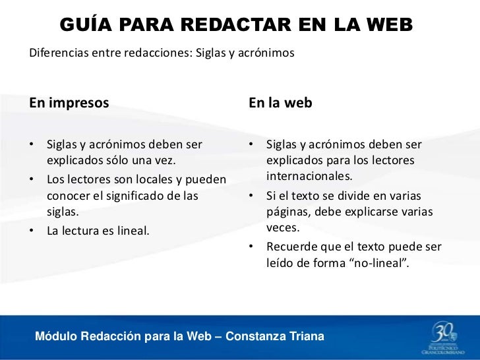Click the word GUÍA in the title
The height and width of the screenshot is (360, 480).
click(x=84, y=24)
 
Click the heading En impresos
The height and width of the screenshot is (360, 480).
click(x=69, y=104)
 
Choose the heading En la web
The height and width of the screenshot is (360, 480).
click(x=280, y=104)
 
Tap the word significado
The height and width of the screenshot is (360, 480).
click(x=140, y=196)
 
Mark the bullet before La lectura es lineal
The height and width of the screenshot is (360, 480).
click(x=32, y=230)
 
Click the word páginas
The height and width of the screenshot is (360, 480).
click(x=287, y=212)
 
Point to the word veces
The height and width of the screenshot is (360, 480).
click(x=282, y=229)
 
